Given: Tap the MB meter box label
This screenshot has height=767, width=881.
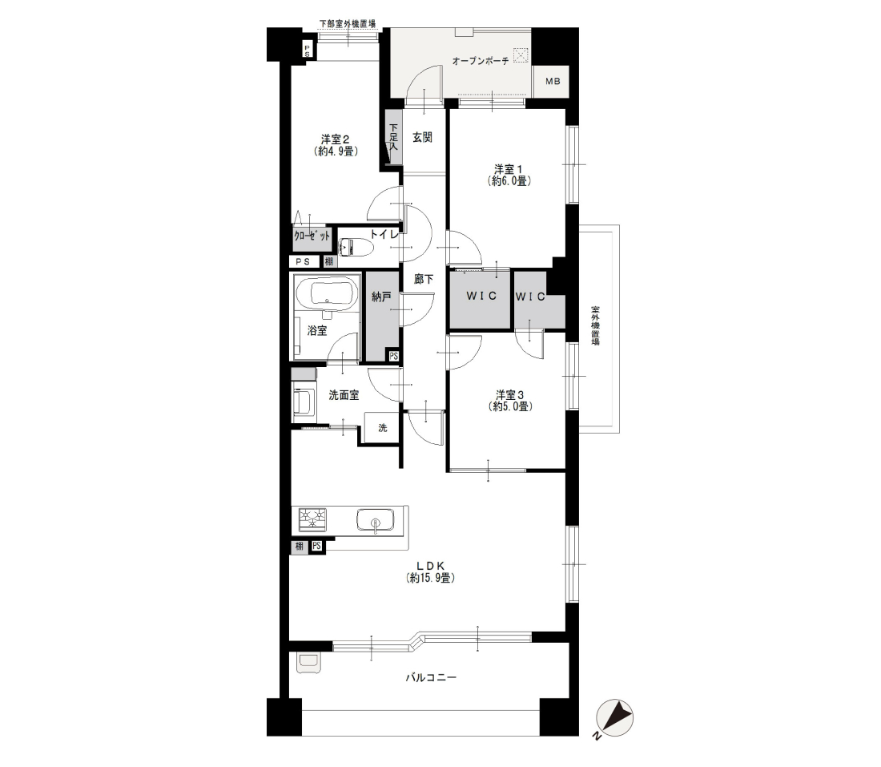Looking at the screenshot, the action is pos(553,82).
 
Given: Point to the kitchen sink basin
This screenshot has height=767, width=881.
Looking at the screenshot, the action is pos(375,520).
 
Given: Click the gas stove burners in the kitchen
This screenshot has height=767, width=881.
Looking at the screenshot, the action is pos(312,519).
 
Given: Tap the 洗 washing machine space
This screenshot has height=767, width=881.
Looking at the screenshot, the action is pos(382,428).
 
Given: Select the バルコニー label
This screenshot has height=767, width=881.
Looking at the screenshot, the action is pos(431,677).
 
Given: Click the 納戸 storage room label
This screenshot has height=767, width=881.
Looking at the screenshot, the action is pos(381,297).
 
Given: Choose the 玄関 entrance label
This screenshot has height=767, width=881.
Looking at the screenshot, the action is pos(422,137).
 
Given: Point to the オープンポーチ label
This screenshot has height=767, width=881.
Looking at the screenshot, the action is pos(481,61).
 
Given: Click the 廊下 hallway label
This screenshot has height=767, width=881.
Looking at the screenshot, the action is pos(423,278).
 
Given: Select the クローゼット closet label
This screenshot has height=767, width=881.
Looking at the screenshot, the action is pos(312,236).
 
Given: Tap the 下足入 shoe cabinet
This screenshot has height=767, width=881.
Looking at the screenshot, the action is pos(394,136).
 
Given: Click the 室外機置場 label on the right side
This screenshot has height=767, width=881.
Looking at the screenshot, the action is pos(595,325).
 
